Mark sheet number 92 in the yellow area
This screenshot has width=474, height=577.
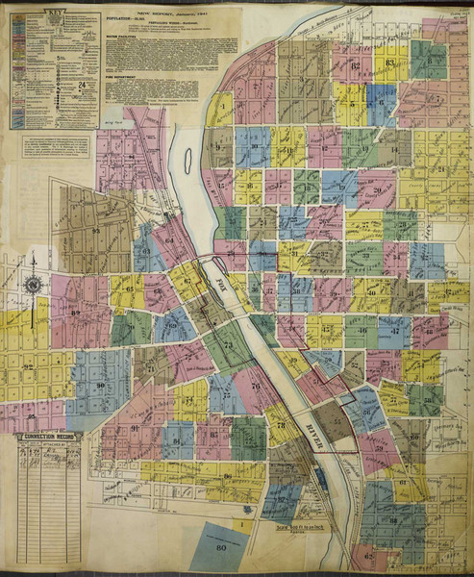[x=29, y=366]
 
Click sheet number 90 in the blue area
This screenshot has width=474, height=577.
[x=100, y=385]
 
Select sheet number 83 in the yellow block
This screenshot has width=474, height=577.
[x=389, y=63]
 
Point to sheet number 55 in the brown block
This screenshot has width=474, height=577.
[x=337, y=420]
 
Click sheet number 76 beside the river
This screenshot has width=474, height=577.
[x=255, y=386]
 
